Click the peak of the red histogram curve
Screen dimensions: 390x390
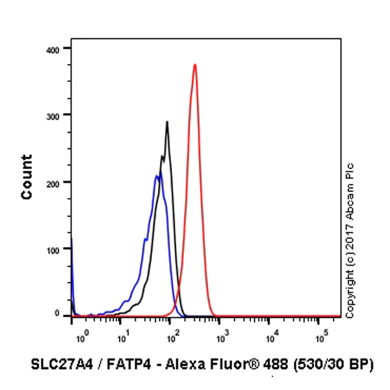click(x=195, y=64)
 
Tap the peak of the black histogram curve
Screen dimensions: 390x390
click(x=167, y=122)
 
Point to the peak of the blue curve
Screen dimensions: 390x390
click(x=157, y=175)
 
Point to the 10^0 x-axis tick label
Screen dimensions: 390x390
click(x=80, y=337)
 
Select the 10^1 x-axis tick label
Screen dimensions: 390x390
click(x=122, y=337)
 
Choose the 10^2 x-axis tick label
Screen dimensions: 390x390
click(x=172, y=337)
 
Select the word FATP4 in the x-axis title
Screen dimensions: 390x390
click(x=123, y=364)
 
